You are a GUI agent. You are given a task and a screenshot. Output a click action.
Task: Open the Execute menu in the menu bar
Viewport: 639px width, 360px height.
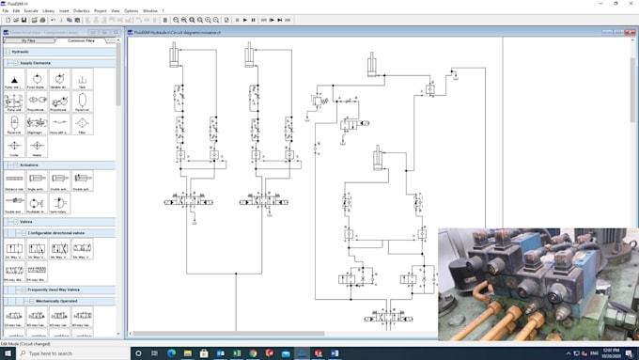pos(31,10)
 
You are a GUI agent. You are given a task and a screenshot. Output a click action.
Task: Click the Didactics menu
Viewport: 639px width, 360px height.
pos(82,10)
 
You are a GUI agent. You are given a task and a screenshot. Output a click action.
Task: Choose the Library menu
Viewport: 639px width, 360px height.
pos(48,10)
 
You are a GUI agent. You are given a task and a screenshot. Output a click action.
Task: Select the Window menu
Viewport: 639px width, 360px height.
pos(149,10)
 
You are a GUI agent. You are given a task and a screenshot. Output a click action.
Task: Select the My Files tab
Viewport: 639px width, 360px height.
pos(28,40)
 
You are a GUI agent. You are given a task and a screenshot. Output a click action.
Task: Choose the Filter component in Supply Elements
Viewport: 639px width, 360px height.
pos(82,124)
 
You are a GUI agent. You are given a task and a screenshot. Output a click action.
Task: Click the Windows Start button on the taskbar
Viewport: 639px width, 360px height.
pos(7,353)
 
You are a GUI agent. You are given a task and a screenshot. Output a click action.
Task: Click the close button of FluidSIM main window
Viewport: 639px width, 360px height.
pos(631,3)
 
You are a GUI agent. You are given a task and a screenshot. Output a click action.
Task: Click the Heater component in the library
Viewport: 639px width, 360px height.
pos(36,147)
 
